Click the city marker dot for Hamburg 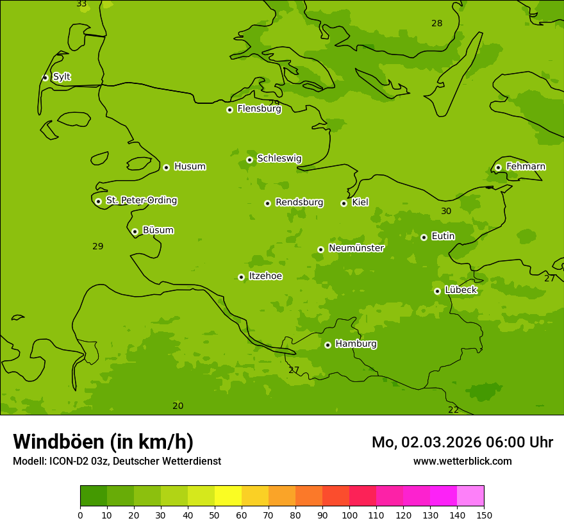coord(328,345)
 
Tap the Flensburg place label coord(259,109)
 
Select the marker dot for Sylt coord(45,78)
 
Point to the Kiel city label coord(360,203)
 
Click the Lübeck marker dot coord(437,291)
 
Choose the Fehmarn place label coord(526,167)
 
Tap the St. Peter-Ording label coord(141,201)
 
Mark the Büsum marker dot coord(135,231)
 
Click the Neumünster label coord(356,248)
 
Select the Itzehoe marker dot coord(241,277)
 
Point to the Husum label coord(190,167)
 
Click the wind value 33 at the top coord(81,4)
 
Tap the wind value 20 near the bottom coord(178,406)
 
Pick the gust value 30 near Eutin coord(446,211)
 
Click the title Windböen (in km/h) coord(103,442)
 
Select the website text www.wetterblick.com coord(462,461)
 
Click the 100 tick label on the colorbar coord(349,515)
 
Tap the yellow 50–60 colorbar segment coord(228,496)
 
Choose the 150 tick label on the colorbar coord(483,515)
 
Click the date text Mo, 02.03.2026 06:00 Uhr coord(462,442)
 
